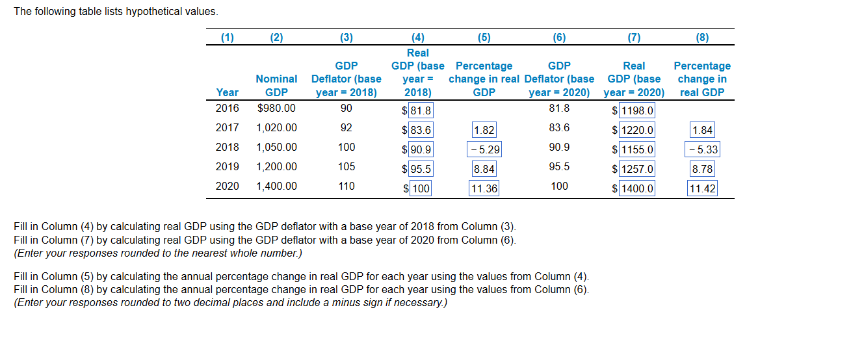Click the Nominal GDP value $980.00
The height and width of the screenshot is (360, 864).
click(276, 109)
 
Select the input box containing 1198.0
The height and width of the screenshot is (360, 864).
click(636, 111)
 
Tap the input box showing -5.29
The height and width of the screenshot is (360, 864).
click(484, 150)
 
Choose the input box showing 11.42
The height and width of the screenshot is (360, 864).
click(702, 189)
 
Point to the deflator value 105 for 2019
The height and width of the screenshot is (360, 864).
click(347, 167)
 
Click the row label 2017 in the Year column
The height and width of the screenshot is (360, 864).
click(227, 128)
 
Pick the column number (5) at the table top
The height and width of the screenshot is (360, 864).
click(484, 38)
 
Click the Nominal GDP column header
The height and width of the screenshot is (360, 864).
click(276, 86)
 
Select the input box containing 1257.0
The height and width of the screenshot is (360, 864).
click(636, 170)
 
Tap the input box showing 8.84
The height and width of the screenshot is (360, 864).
click(484, 170)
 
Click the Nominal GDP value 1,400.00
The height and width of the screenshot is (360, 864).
click(276, 186)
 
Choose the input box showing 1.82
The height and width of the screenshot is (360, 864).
click(484, 131)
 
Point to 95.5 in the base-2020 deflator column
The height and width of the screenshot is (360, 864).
click(559, 167)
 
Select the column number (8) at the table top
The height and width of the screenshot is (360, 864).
click(702, 38)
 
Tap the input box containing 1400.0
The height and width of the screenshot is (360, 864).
click(636, 189)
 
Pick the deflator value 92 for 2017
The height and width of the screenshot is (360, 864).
click(347, 128)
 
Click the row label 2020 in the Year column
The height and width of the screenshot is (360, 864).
click(227, 186)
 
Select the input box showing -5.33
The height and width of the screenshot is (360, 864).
click(702, 150)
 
